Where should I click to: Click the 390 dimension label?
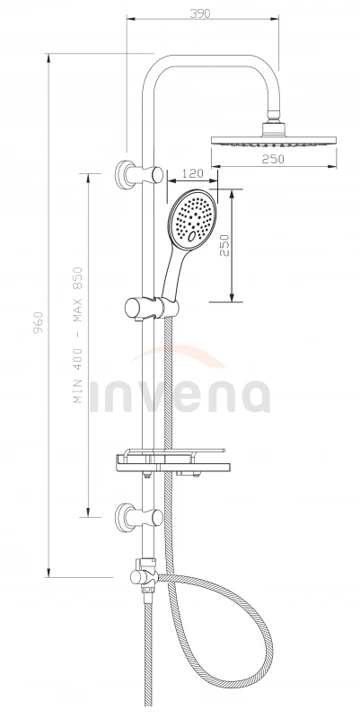pos(199,13)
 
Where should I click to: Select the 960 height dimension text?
pos(38,322)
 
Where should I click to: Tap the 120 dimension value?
pos(192,173)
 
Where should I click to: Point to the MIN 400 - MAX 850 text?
pos(78,335)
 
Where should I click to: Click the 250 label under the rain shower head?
pos(273,159)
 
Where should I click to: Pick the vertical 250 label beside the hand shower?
pos(224,245)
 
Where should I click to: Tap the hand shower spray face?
pos(193,217)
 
